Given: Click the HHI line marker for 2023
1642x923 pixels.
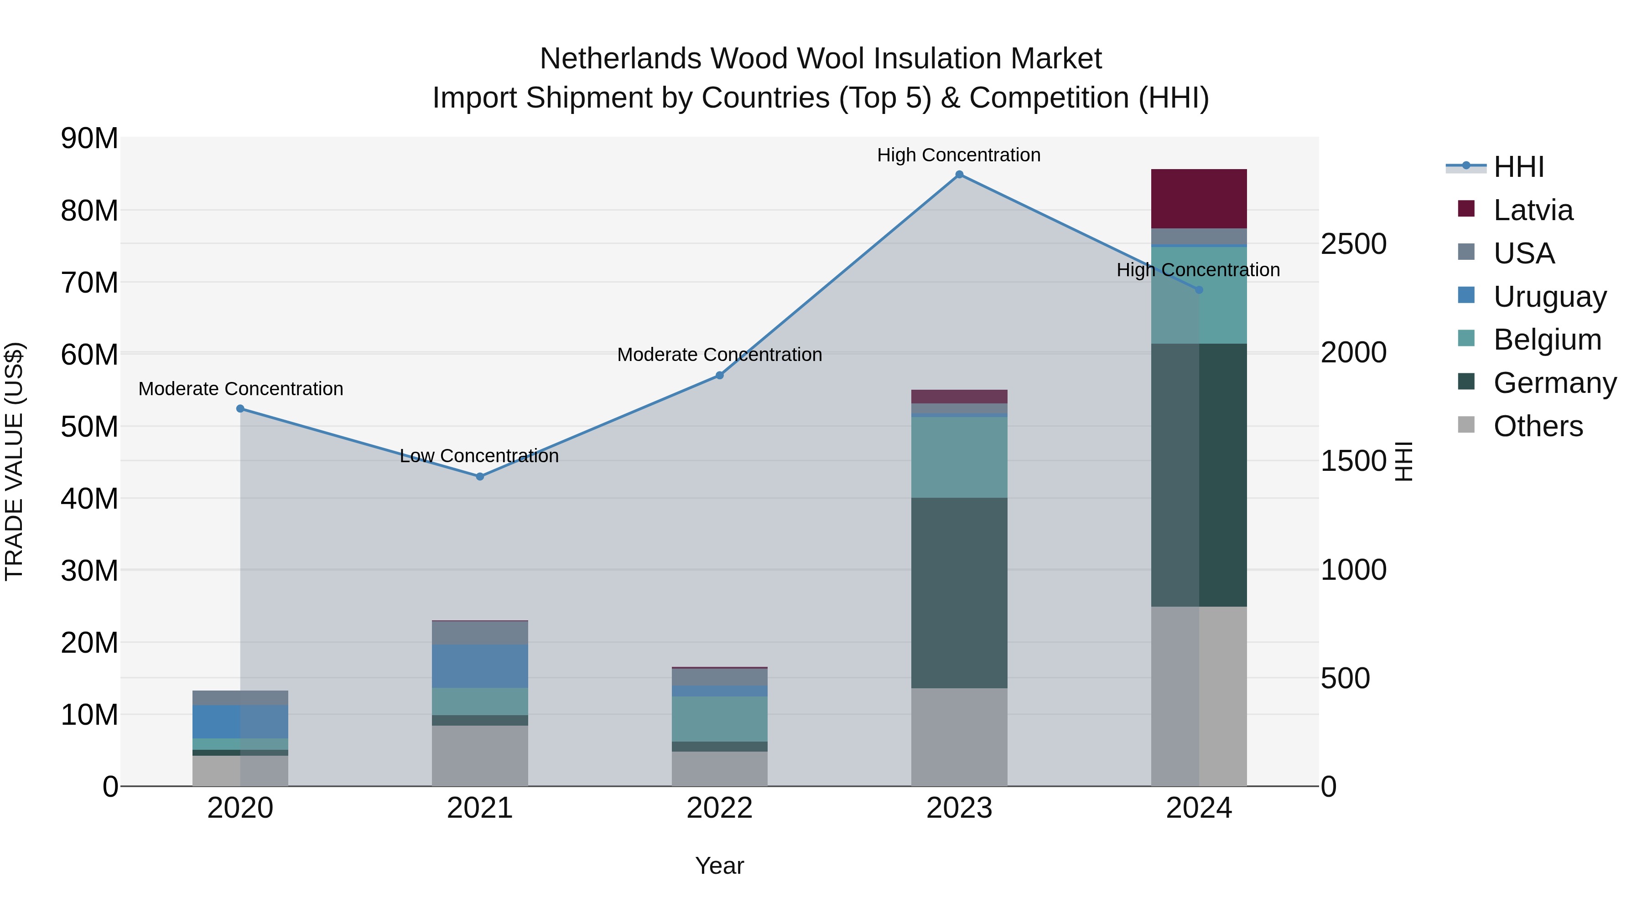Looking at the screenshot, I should tap(959, 175).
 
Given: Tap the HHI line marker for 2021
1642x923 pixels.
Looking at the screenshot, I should tap(480, 476).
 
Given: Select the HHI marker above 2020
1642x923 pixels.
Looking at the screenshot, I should tap(240, 409).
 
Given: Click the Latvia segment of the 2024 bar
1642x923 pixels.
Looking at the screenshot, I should tap(1198, 199).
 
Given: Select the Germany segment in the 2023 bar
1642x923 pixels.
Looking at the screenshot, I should tap(959, 593).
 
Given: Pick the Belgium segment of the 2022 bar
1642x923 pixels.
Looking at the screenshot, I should tap(720, 718).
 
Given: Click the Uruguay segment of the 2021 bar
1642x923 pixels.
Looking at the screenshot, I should tap(480, 665).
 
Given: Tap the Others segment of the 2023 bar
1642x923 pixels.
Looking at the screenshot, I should tap(959, 737).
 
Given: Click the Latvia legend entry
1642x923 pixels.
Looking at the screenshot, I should tap(1533, 210).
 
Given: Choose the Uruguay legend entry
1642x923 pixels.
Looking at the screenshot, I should tap(1549, 297).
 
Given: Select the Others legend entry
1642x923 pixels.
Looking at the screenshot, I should tap(1538, 426).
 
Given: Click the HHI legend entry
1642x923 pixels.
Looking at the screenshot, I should tap(1518, 167).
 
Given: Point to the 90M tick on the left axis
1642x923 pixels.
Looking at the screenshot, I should tap(89, 138).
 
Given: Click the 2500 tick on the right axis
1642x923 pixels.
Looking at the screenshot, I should tap(1353, 244).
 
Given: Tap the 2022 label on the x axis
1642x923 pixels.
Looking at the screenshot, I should tap(720, 808).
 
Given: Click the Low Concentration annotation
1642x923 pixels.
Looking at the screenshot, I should tap(479, 456).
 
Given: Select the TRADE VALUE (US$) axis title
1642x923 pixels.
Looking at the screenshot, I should tap(14, 461).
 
